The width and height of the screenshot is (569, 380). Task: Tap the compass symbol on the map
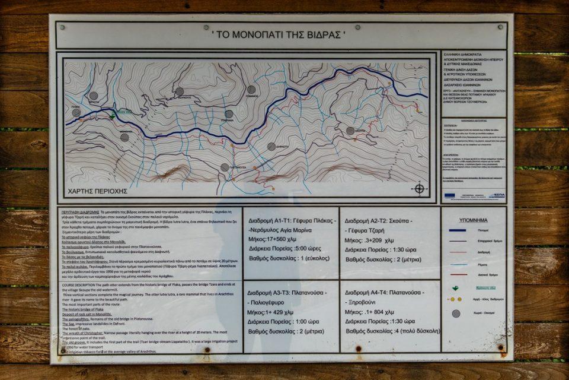pos(420,189)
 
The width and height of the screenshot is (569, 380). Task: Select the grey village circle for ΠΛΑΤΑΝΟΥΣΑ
pos(225,167)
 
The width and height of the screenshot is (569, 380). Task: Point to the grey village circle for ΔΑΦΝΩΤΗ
pos(271,146)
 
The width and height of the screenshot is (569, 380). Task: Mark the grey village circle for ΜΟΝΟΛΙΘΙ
pos(124,137)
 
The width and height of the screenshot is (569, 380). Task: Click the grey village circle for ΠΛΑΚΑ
pos(76,112)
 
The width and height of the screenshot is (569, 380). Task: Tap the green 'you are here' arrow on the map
pos(113,116)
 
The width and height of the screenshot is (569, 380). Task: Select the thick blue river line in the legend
pos(458,230)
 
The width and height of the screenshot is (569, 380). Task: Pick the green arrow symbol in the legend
pos(455,289)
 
